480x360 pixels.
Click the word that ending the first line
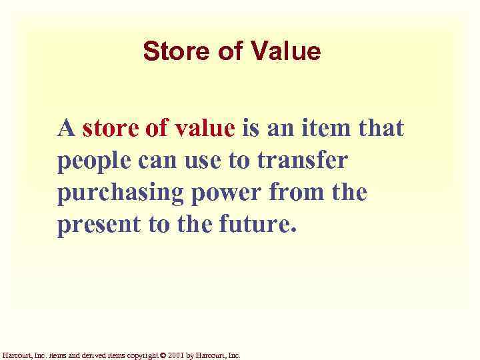pos(381,127)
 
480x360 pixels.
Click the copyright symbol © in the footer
pos(164,355)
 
